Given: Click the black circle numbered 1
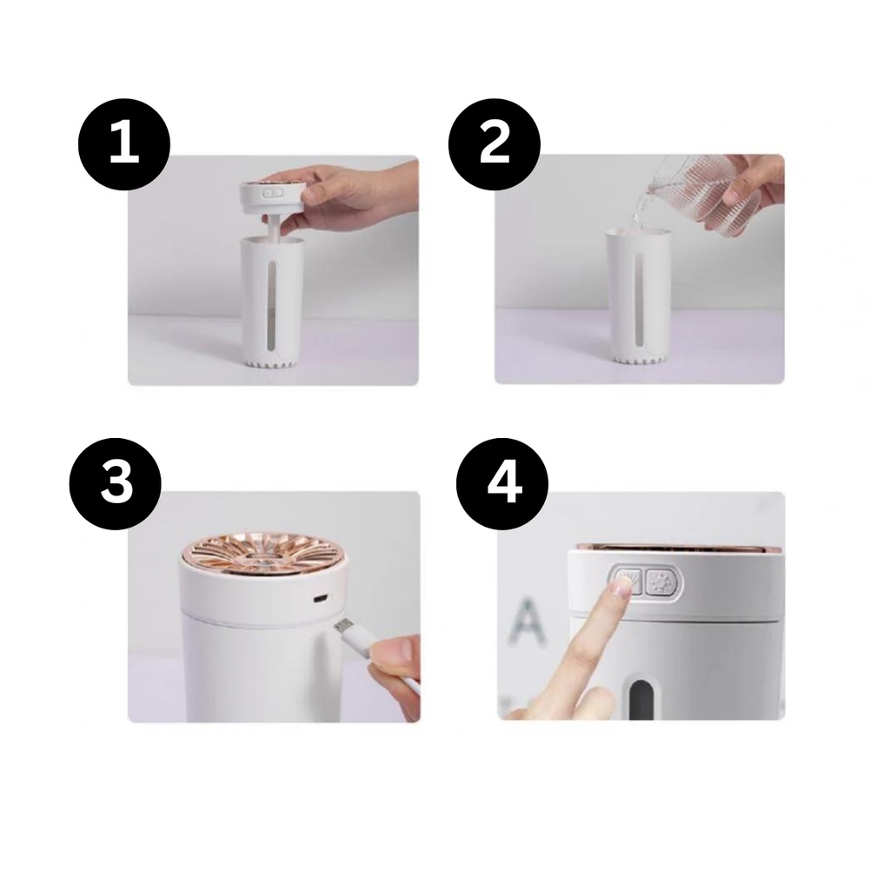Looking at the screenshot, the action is coord(123,144).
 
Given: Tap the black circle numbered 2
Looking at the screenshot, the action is coord(495,144).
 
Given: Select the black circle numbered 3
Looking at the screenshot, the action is coord(116,483).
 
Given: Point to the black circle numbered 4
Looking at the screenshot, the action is coord(502,483).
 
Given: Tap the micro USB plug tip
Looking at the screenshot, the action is coord(342,627).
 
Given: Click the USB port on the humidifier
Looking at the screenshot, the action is coord(320,598).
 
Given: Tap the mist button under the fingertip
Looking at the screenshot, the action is coord(628,581).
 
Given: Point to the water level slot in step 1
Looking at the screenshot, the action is coord(272,303).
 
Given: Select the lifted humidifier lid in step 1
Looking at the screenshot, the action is coord(269,197).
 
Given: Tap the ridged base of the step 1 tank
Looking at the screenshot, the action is coord(272,362).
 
